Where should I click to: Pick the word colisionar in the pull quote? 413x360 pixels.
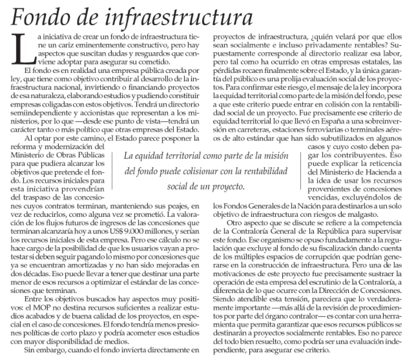pyautogui.click(x=208, y=172)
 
